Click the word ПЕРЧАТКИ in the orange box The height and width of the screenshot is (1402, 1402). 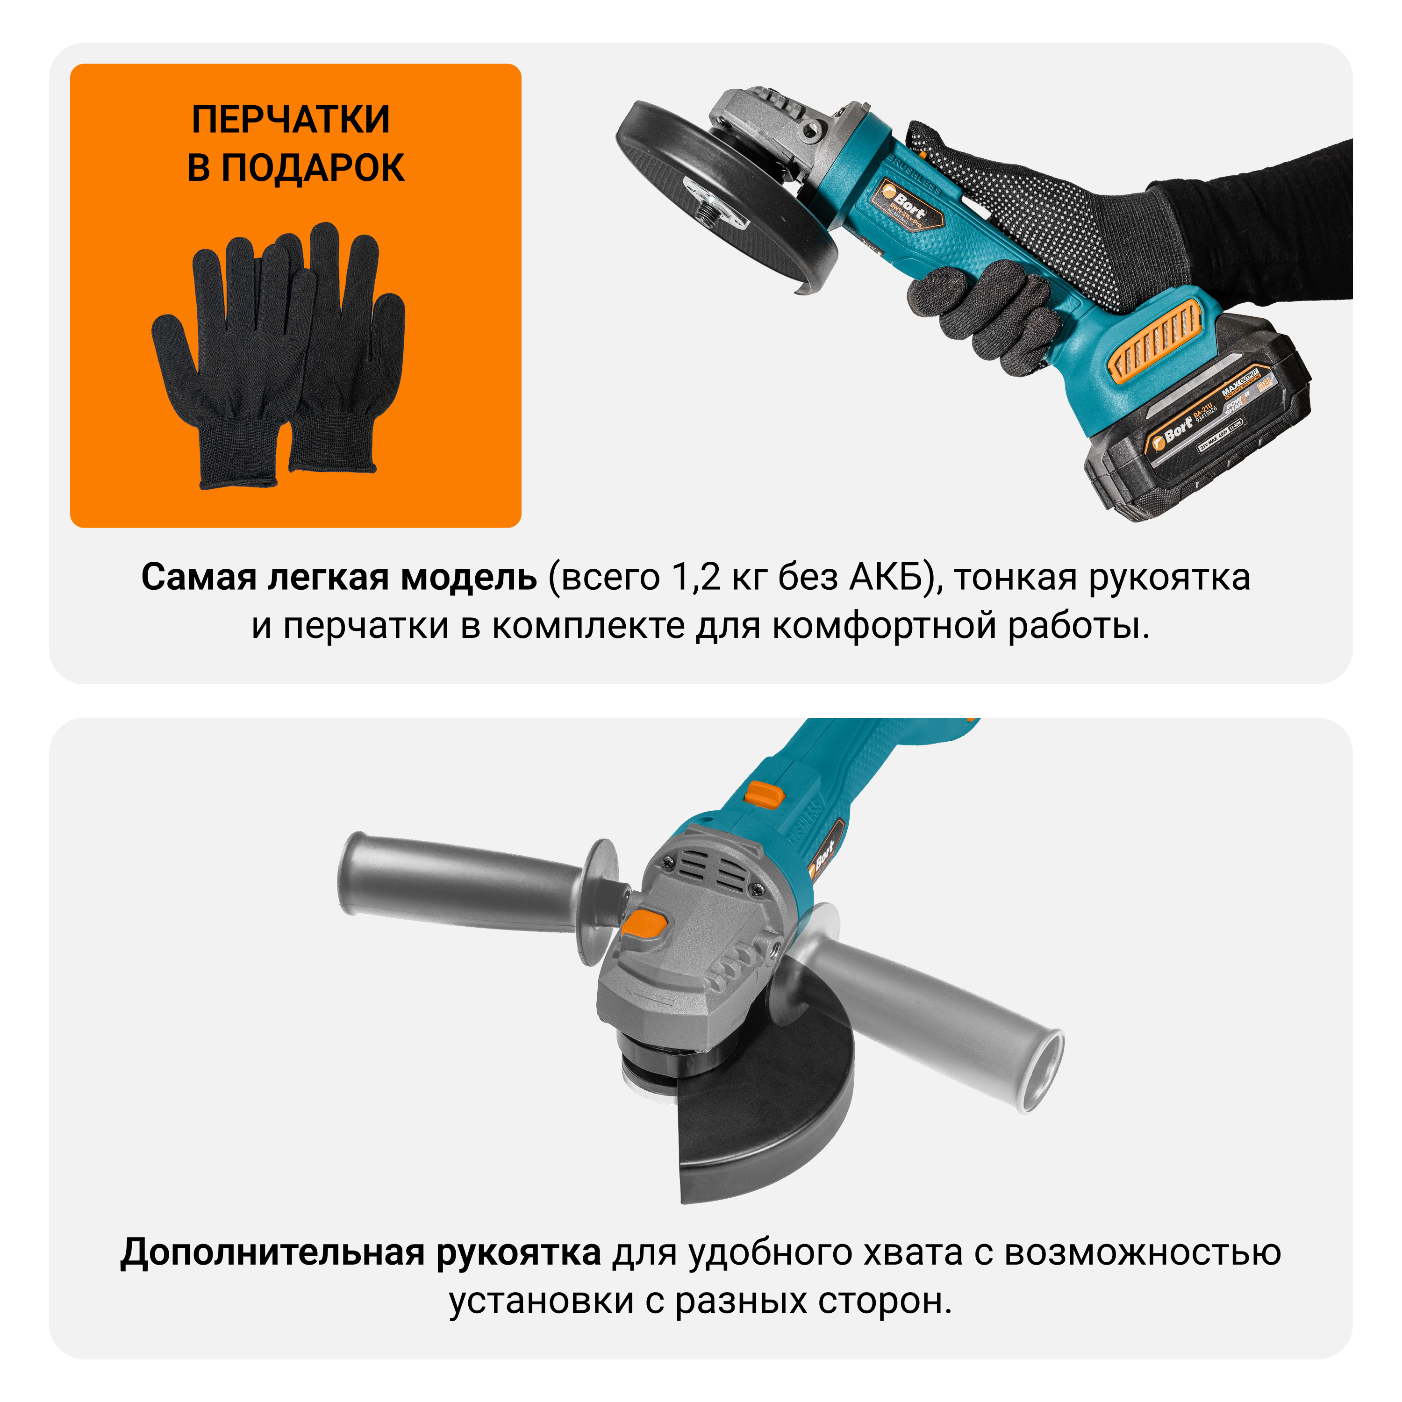[x=290, y=120]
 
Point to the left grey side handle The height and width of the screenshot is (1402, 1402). [x=465, y=883]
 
